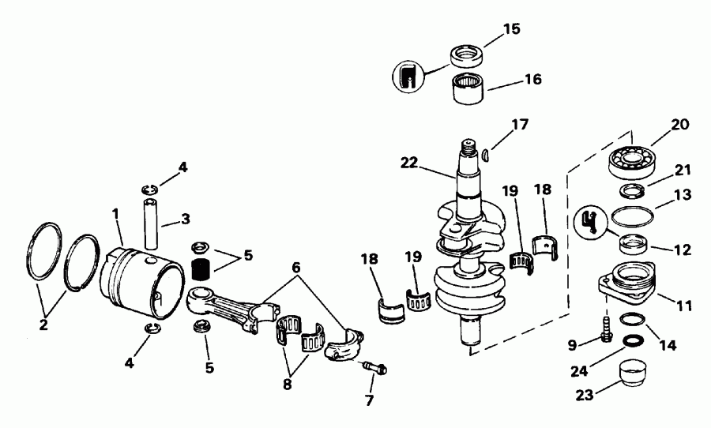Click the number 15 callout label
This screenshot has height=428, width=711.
point(512,30)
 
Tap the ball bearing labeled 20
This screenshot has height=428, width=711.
point(632,163)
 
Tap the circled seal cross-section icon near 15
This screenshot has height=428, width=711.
point(408,77)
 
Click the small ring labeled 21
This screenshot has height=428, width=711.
point(632,190)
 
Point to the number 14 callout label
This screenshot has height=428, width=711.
point(668,345)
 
